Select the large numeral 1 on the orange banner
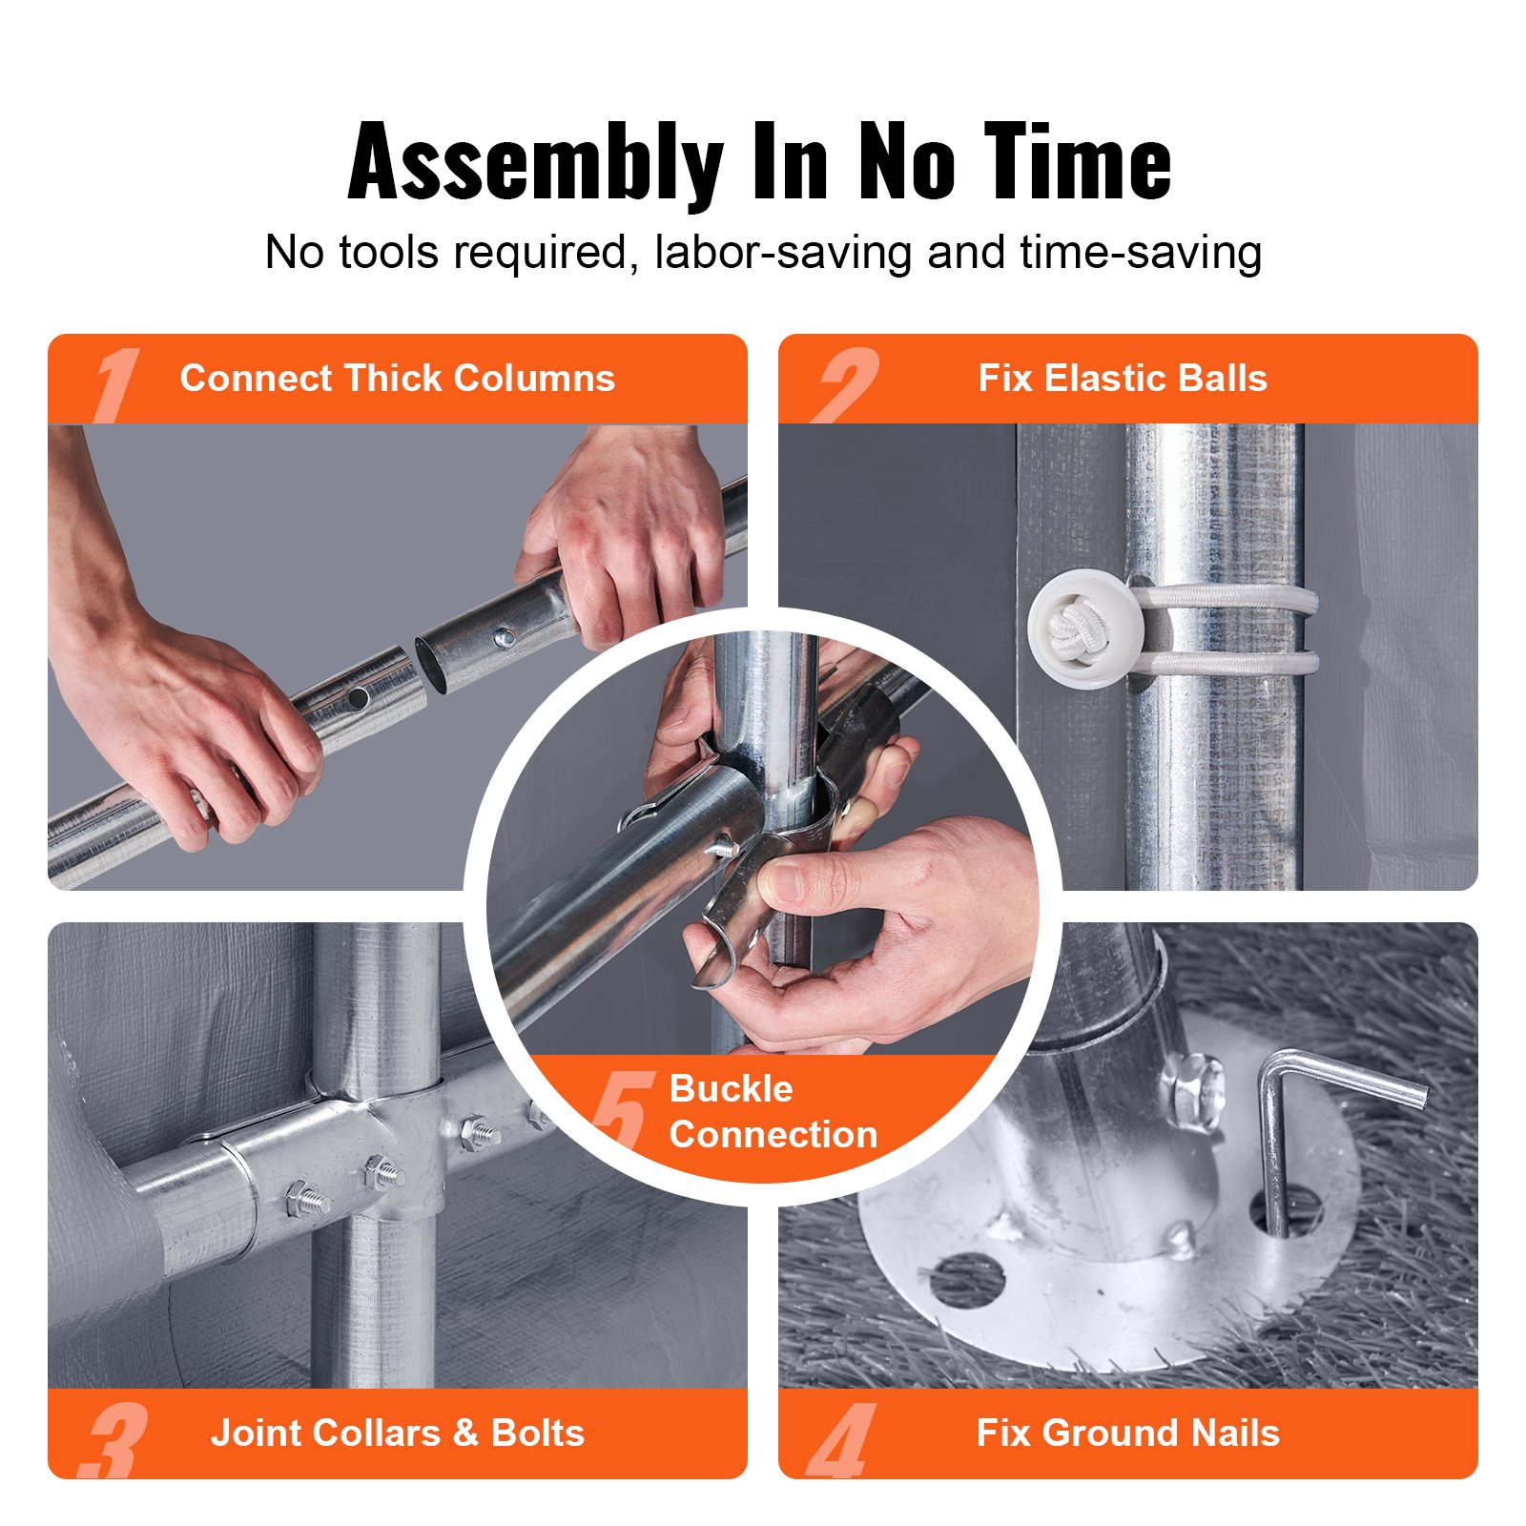[x=116, y=383]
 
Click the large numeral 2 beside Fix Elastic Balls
[x=844, y=383]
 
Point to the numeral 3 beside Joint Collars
[x=115, y=1439]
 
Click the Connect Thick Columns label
[x=397, y=379]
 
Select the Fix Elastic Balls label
[x=1123, y=379]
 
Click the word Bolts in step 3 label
[x=537, y=1433]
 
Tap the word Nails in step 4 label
[x=1231, y=1433]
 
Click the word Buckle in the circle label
[x=731, y=1088]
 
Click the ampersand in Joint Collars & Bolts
[x=465, y=1433]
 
